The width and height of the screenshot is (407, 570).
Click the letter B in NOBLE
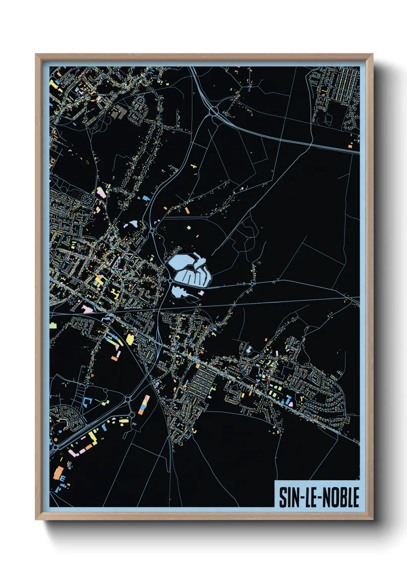click(x=345, y=497)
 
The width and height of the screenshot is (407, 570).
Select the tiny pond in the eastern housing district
click(x=249, y=350)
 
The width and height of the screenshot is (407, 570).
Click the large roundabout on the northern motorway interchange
click(x=214, y=111)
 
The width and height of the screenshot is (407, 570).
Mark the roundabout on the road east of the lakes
click(x=252, y=284)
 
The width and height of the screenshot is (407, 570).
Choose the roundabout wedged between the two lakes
click(x=170, y=281)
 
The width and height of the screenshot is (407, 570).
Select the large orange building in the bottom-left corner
click(x=59, y=473)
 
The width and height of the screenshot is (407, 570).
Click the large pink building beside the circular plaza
click(x=101, y=192)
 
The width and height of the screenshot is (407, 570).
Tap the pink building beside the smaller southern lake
click(x=201, y=293)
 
